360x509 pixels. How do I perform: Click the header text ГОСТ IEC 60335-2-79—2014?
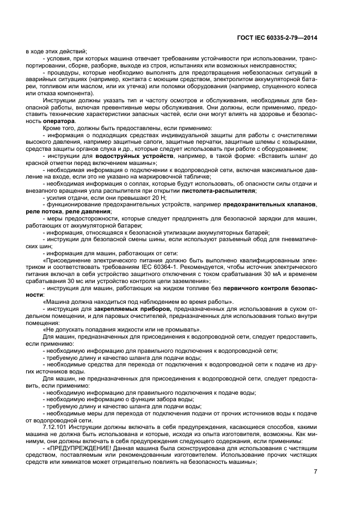coord(277,37)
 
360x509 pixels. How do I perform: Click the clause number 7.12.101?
coord(56,427)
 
